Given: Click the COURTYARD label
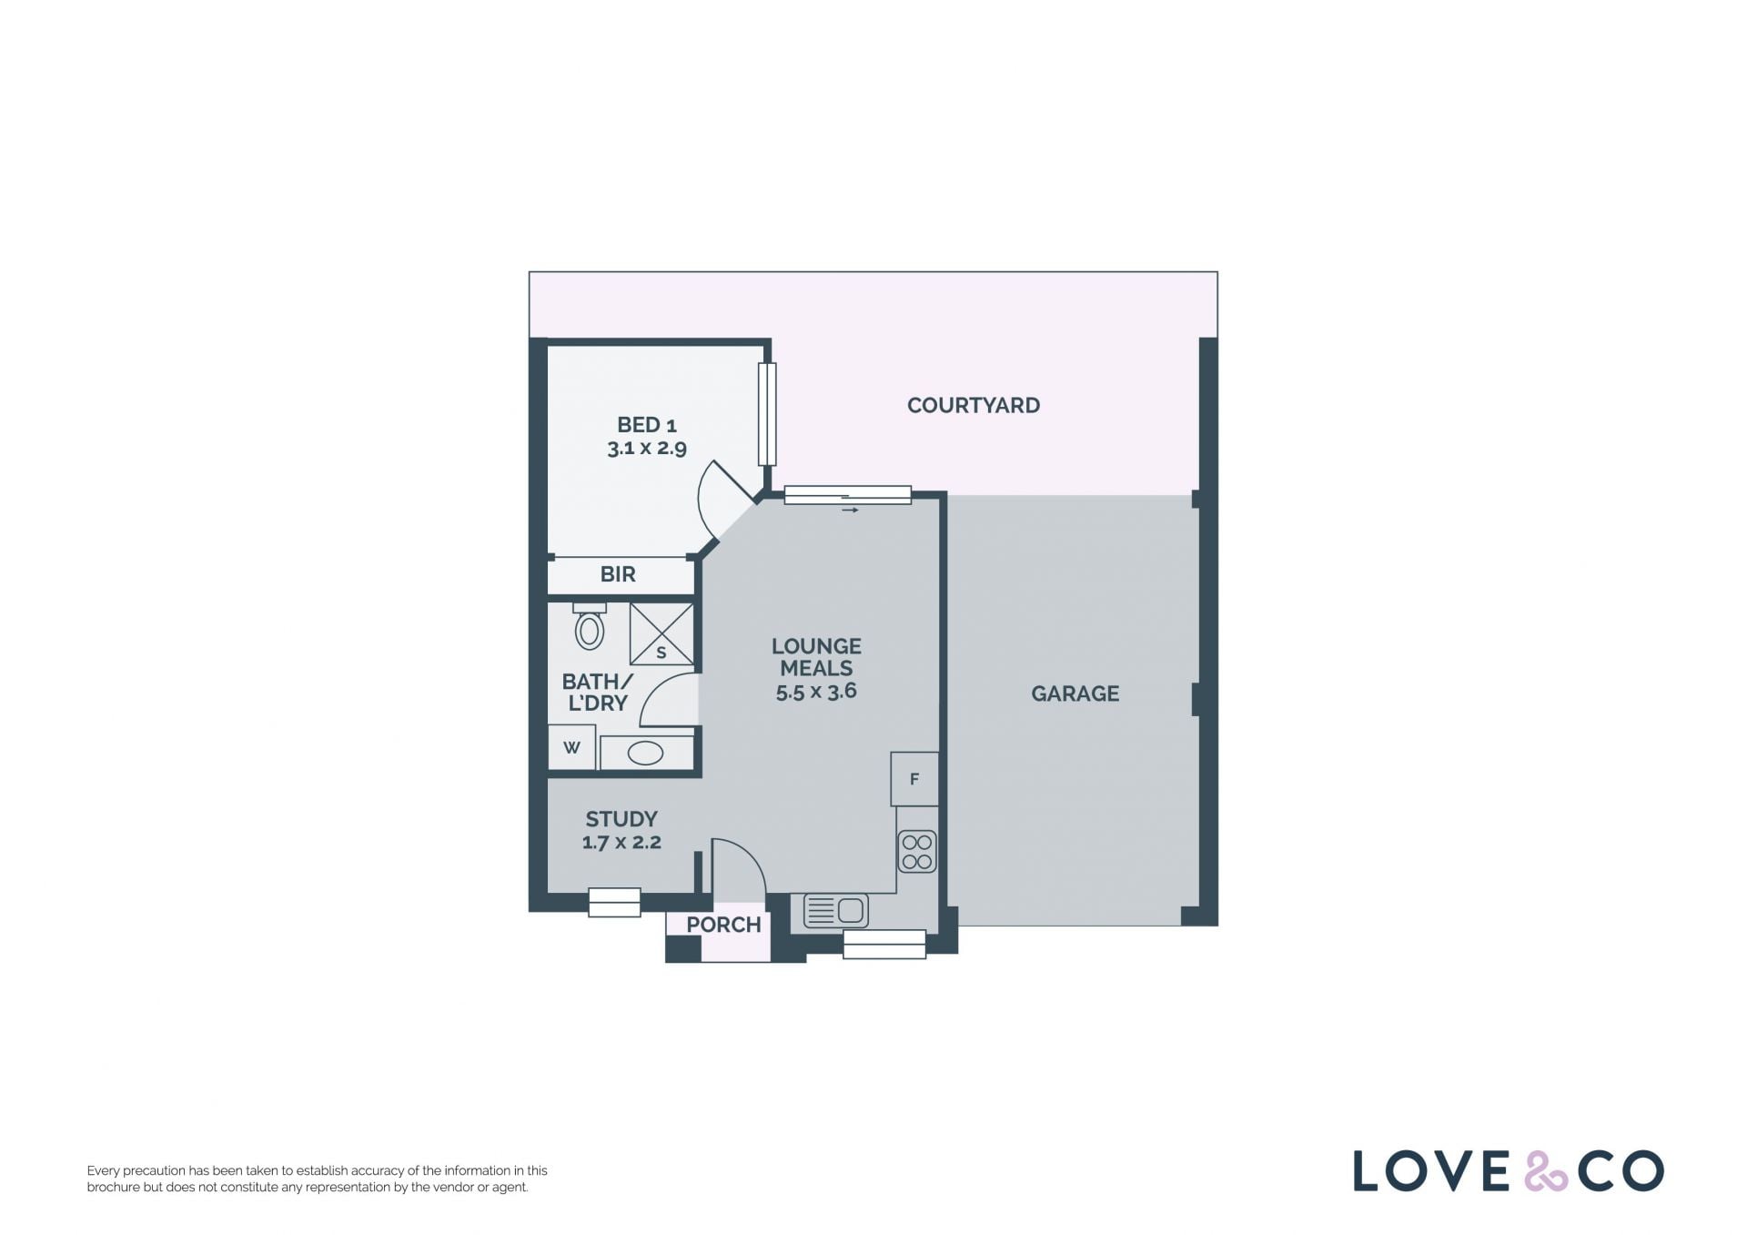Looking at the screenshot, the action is coord(973,406).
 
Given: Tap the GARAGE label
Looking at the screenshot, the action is coord(1075,693).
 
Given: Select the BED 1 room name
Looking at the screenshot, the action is coord(647,425).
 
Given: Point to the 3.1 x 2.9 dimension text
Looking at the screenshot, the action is coord(647,448).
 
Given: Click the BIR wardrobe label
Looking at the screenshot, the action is coord(618,574).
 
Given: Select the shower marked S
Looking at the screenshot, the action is coord(661,633).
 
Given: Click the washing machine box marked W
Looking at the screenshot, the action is coord(571,748).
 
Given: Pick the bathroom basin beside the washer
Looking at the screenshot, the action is coord(646,754).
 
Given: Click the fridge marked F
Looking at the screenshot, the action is coord(914,779).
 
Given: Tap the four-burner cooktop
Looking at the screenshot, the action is coord(917,852).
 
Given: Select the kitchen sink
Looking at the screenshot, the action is coord(835,911).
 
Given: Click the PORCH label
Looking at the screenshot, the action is coord(723,925).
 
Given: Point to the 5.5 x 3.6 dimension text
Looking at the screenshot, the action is coord(816,692).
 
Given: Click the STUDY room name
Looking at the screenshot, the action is coord(621,819).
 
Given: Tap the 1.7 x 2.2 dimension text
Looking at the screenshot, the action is coord(621,843).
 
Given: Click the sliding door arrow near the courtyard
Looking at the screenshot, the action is coord(850,511).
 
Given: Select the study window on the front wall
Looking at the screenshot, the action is coord(614,902).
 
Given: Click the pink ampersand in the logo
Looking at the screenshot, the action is coord(1546,1171).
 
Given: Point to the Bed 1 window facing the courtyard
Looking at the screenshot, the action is coord(767,414).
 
